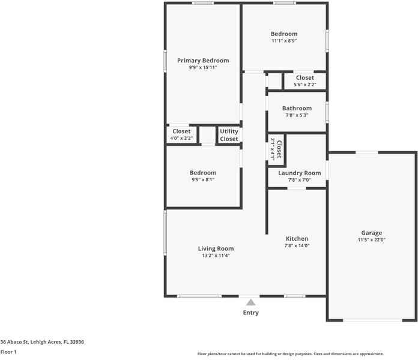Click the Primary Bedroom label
click(202, 61)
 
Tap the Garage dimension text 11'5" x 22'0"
click(371, 240)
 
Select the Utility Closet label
click(229, 135)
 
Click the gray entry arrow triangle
click(250, 302)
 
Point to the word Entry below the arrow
click(250, 313)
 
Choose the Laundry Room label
click(299, 173)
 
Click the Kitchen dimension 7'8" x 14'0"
click(297, 246)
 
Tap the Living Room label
click(216, 248)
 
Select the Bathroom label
click(297, 109)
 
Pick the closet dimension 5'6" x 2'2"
click(304, 85)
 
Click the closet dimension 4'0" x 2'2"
click(181, 139)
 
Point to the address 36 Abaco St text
click(42, 341)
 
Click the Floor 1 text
click(8, 352)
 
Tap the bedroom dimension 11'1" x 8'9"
click(284, 41)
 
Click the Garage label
click(371, 233)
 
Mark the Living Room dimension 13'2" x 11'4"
click(216, 256)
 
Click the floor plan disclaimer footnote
click(291, 354)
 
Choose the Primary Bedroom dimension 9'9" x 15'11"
click(202, 68)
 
